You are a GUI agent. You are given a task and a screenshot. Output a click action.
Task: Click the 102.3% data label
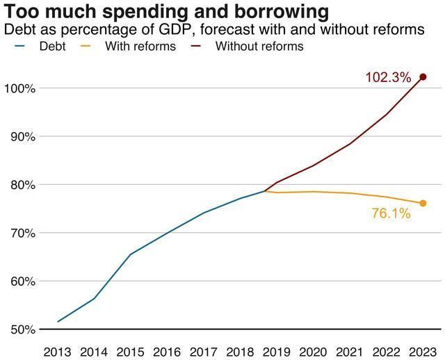(x=388, y=78)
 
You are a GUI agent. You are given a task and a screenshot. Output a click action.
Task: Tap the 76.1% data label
(x=391, y=213)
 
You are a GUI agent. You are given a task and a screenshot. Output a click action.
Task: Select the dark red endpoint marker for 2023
(x=423, y=76)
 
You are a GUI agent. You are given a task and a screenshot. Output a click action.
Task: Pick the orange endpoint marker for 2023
(x=423, y=203)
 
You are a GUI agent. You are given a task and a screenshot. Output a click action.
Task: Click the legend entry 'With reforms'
(x=140, y=47)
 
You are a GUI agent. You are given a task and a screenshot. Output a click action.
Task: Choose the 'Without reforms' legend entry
(x=259, y=47)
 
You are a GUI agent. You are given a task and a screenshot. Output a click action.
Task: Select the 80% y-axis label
(x=21, y=185)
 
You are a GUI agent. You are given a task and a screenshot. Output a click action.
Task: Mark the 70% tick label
(x=21, y=233)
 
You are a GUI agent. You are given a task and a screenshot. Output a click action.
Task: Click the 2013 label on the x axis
(x=57, y=350)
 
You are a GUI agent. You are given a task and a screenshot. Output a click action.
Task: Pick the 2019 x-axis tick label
(x=276, y=350)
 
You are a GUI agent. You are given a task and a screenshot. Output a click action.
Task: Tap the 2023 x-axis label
(x=422, y=350)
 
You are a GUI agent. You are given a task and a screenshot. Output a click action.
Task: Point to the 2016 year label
(x=167, y=350)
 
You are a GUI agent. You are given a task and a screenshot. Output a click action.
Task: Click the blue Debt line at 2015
(x=130, y=254)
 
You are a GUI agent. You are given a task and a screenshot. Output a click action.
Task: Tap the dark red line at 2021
(x=349, y=144)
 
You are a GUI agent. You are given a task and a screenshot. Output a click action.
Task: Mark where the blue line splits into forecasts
(x=265, y=190)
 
